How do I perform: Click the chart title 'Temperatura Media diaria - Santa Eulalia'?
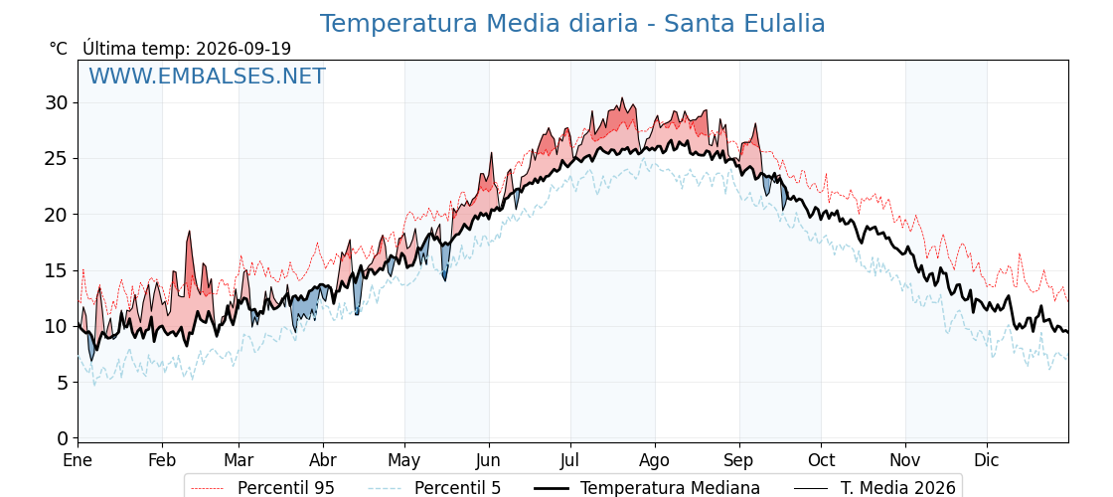[x=572, y=24]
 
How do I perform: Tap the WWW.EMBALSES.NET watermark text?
[x=207, y=76]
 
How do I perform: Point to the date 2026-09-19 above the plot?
[x=243, y=49]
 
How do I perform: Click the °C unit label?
[x=59, y=49]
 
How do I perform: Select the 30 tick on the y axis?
[x=57, y=103]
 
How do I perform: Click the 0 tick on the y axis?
[x=64, y=438]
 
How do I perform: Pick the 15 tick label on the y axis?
[x=57, y=270]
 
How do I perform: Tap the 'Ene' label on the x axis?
[x=78, y=460]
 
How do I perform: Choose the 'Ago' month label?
[x=654, y=460]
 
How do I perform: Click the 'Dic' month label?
[x=987, y=460]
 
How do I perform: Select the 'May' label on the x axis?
[x=404, y=460]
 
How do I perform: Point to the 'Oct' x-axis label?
[x=821, y=460]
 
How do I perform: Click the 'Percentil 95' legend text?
[x=286, y=488]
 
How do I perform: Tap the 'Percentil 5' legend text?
[x=458, y=488]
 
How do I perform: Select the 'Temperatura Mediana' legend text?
[x=670, y=488]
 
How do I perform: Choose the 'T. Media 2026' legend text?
[x=898, y=488]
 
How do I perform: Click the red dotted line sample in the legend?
[x=208, y=488]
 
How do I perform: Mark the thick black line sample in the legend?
[x=551, y=488]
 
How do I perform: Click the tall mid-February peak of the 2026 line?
[x=190, y=232]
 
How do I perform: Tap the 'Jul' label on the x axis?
[x=570, y=460]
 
